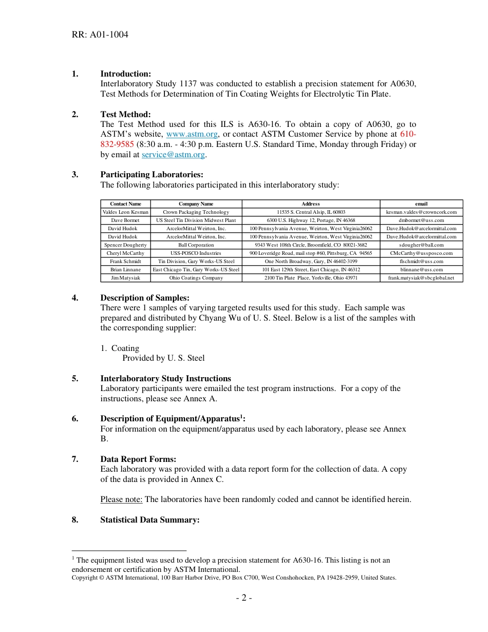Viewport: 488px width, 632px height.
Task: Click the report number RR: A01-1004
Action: point(100,35)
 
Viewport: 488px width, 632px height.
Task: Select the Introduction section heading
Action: point(125,74)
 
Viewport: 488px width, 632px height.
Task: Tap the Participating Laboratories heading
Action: point(152,175)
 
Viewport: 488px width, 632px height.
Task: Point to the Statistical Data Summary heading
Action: point(149,520)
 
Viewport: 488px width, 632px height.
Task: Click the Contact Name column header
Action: point(125,204)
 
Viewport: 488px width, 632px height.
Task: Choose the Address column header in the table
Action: point(311,204)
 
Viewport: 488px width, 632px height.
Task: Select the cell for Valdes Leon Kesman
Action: point(125,212)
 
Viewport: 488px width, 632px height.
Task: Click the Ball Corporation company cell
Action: point(196,245)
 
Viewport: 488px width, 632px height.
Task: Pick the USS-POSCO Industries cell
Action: point(196,253)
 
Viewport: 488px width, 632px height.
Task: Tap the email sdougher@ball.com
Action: point(421,245)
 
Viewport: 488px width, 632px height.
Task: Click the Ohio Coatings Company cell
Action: point(196,278)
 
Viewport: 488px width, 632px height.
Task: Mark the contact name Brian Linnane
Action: point(125,270)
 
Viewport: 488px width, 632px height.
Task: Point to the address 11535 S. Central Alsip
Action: point(311,212)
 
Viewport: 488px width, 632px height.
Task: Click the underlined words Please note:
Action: point(121,499)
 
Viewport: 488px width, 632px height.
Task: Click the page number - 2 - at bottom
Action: point(243,598)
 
